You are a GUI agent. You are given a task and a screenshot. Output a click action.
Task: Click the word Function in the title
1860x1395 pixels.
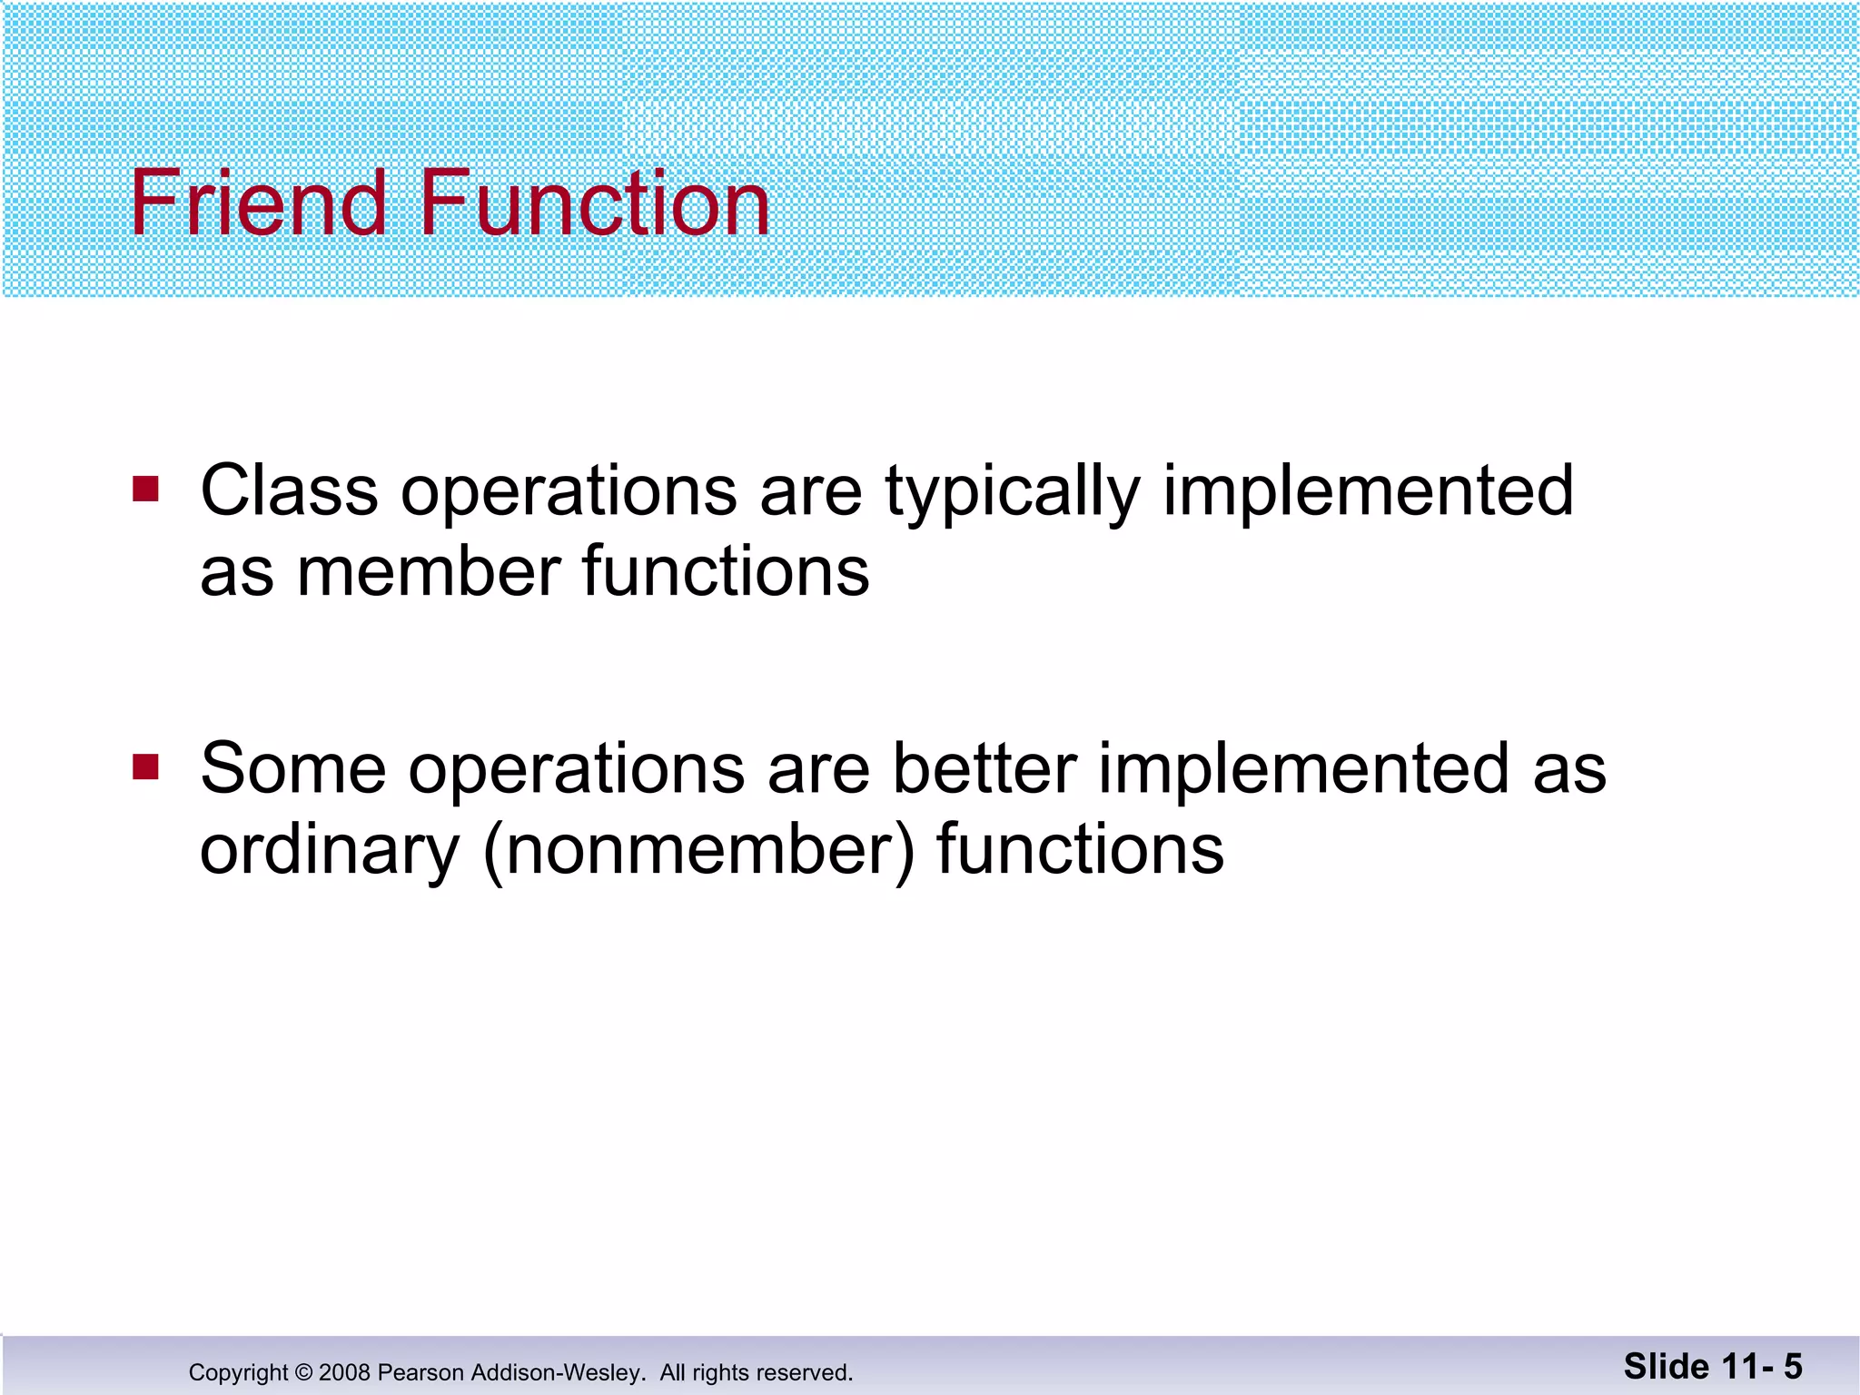(x=595, y=204)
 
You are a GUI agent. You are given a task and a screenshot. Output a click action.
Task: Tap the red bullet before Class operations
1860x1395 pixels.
(x=145, y=490)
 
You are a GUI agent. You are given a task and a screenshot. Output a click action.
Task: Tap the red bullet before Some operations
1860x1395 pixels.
(x=145, y=767)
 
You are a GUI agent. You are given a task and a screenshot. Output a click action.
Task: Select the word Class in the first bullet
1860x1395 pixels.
(x=289, y=491)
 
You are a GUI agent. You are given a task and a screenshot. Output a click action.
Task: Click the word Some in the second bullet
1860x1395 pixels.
(x=292, y=769)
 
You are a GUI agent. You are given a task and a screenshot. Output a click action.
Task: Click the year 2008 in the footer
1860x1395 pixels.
(x=344, y=1372)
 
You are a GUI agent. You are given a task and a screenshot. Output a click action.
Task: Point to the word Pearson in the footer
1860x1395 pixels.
(x=413, y=1372)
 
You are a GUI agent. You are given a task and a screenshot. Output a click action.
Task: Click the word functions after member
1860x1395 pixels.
(x=725, y=572)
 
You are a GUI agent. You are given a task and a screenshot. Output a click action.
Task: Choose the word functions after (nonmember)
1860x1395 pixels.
(x=1080, y=850)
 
